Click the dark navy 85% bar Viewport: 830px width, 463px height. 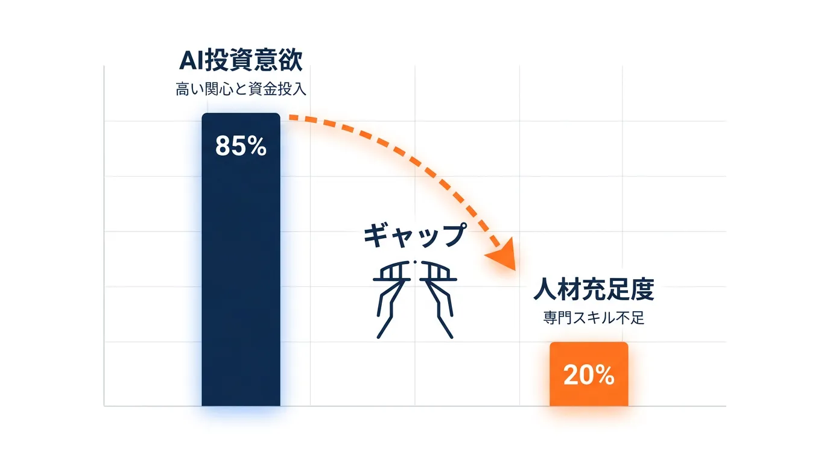point(241,259)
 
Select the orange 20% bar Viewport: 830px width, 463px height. point(589,374)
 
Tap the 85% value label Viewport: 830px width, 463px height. point(241,146)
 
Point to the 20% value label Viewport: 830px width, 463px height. point(589,375)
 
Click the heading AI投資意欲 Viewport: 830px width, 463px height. point(241,60)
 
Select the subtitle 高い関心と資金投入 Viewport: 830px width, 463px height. point(241,89)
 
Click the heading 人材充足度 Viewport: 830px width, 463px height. point(594,289)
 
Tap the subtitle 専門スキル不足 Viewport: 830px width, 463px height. point(594,318)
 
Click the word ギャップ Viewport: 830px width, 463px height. point(415,235)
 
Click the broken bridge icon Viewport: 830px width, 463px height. point(415,299)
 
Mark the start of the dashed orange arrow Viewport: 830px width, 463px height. point(290,118)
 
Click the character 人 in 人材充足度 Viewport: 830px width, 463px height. point(544,289)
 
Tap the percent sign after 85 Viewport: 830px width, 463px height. point(257,146)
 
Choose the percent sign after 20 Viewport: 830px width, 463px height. point(605,375)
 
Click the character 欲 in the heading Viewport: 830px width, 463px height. point(291,60)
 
